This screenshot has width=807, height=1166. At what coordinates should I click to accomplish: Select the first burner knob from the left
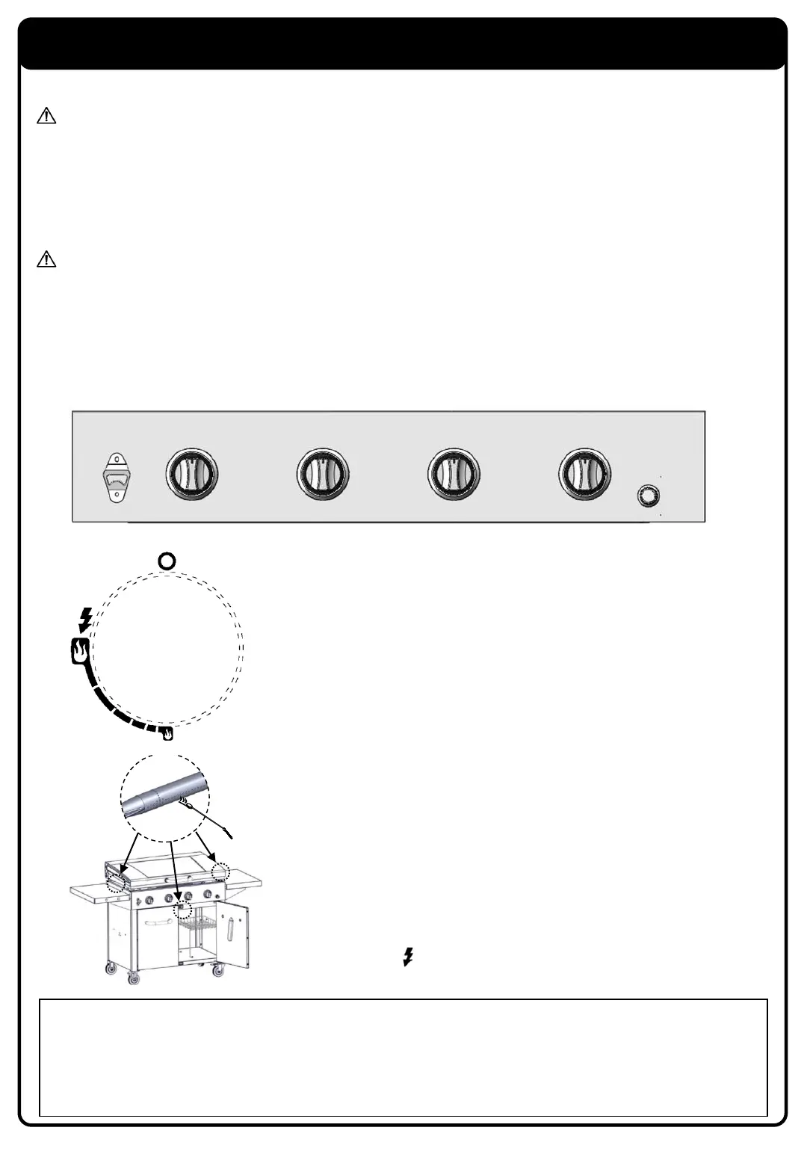(192, 474)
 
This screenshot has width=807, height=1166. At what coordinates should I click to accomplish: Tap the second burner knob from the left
(323, 474)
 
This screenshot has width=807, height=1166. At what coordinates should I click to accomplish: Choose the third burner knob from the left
(454, 474)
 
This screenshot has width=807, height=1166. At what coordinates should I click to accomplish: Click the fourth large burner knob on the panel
(585, 474)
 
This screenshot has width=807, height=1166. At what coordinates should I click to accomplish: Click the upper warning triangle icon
(46, 116)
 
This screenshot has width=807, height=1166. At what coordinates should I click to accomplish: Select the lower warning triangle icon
(46, 259)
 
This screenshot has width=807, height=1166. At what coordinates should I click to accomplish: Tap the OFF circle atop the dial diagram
(167, 561)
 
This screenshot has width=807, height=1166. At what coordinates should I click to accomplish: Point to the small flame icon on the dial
(169, 734)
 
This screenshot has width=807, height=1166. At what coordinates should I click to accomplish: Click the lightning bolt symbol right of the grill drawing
(408, 957)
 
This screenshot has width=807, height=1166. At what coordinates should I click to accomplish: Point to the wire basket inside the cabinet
(200, 932)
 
